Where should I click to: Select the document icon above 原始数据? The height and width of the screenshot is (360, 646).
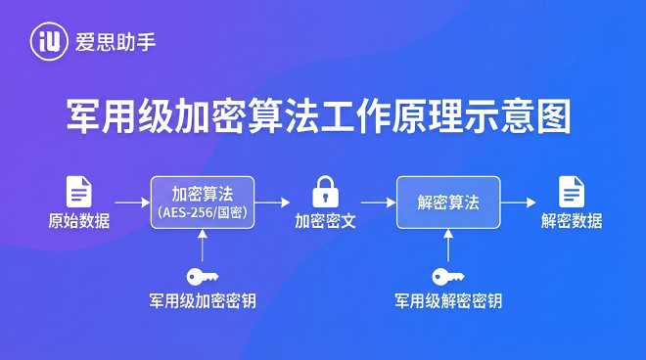[79, 191]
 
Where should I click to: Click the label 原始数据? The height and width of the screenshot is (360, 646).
[79, 221]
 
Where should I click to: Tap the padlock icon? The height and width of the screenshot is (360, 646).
[325, 191]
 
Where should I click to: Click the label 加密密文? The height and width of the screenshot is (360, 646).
[325, 221]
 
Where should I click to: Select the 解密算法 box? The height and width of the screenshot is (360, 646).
[448, 202]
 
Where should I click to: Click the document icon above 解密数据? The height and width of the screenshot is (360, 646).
[572, 191]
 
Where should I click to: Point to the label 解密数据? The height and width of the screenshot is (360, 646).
[572, 221]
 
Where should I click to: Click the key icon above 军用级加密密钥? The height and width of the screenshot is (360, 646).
[203, 276]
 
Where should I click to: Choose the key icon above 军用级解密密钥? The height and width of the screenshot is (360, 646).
[448, 276]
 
